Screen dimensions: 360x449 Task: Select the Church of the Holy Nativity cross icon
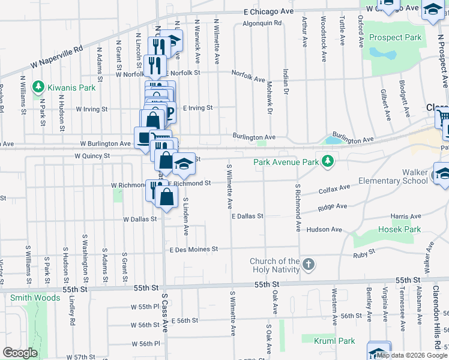coord(308,265)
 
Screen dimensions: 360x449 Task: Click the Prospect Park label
coord(396,37)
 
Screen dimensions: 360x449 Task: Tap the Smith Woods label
coord(35,297)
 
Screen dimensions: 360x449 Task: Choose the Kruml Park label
coord(334,341)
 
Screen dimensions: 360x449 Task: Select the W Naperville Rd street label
coord(58,56)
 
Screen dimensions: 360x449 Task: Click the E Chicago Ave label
coord(268,11)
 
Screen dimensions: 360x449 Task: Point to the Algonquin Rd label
coord(262,23)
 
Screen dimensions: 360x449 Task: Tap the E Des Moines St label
coord(193,249)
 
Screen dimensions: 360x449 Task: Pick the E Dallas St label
coord(247,215)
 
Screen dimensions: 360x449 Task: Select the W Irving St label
coord(92,110)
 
